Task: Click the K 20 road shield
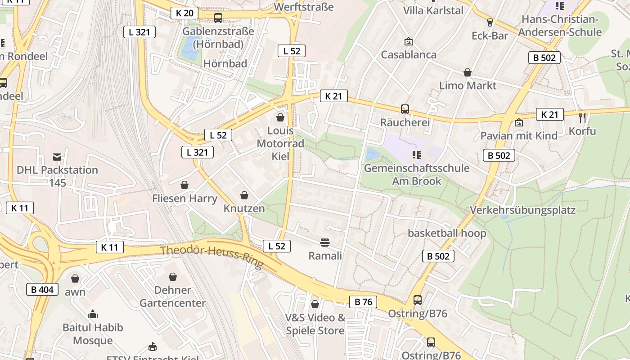(x=184, y=13)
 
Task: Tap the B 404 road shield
(x=42, y=289)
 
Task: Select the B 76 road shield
(x=363, y=302)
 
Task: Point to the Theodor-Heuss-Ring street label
(x=211, y=257)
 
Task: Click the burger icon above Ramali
(x=325, y=243)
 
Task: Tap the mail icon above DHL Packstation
(x=57, y=157)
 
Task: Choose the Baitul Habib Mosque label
(x=93, y=334)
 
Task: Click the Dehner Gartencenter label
(x=173, y=297)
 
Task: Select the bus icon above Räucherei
(x=405, y=109)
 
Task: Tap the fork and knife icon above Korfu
(x=583, y=118)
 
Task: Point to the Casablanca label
(x=409, y=54)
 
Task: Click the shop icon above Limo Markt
(x=468, y=72)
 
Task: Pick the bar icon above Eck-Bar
(x=490, y=22)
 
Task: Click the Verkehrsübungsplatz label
(x=523, y=210)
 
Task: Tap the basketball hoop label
(x=447, y=233)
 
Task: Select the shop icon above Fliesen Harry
(x=184, y=185)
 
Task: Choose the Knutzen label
(x=244, y=208)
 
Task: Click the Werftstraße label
(x=304, y=7)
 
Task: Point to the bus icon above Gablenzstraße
(x=218, y=18)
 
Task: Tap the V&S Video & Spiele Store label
(x=315, y=324)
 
